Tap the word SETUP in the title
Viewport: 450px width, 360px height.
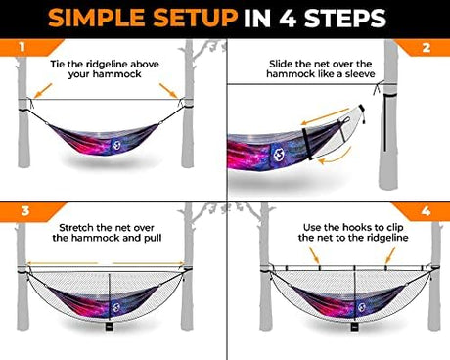(196, 19)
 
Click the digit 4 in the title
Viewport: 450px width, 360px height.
(288, 19)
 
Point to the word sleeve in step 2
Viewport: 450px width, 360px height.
(360, 74)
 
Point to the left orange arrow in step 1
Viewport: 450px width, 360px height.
(43, 90)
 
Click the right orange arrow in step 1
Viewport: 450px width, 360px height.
(168, 90)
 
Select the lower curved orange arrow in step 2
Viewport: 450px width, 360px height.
(337, 157)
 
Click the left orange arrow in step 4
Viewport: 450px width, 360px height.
(314, 254)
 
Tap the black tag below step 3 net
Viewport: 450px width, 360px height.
(109, 327)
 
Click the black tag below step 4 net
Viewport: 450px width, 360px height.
(354, 327)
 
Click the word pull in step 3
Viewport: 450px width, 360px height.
(153, 238)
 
